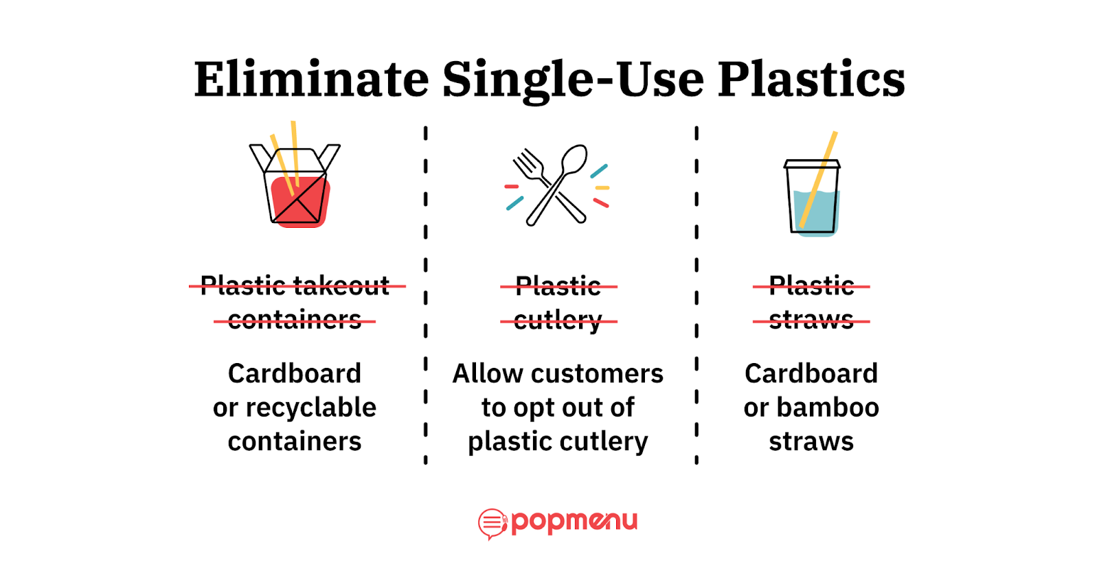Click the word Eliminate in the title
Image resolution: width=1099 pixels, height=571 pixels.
[x=311, y=79]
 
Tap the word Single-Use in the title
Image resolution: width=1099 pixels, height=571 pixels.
[x=573, y=79]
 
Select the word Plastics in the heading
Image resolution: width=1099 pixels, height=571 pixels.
[x=811, y=79]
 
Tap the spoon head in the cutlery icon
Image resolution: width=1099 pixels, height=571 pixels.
[x=574, y=159]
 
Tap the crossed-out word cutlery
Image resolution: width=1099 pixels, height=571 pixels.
[x=558, y=320]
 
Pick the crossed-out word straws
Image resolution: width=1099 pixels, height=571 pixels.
[x=811, y=320]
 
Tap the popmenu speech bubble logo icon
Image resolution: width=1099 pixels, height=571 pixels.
[x=492, y=524]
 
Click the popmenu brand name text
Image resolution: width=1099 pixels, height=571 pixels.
[x=574, y=522]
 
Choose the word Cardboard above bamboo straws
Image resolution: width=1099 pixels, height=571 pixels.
[x=811, y=373]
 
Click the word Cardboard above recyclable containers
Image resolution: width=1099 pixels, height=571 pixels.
[x=295, y=373]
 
